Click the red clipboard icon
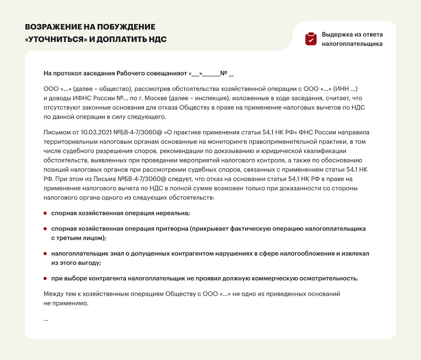click(x=311, y=39)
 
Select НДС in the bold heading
click(x=156, y=40)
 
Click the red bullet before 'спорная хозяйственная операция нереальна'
click(x=45, y=213)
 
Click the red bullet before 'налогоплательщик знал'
click(x=45, y=253)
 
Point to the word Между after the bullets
click(x=53, y=294)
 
